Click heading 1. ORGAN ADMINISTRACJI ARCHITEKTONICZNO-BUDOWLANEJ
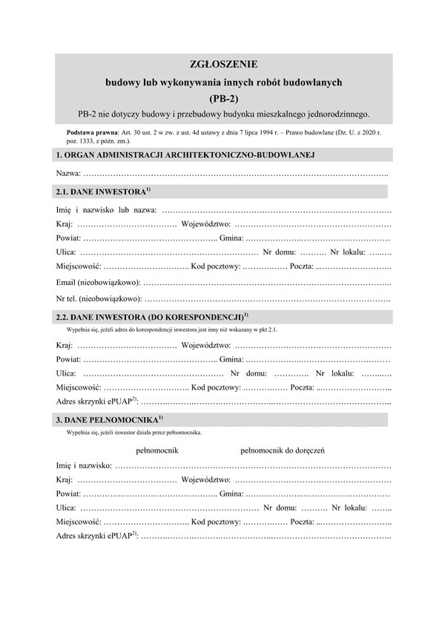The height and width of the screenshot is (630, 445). [186, 154]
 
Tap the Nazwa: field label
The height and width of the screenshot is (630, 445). [69, 173]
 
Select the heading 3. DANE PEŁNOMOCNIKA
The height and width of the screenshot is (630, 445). [106, 420]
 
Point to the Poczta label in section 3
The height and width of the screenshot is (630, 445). [302, 522]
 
